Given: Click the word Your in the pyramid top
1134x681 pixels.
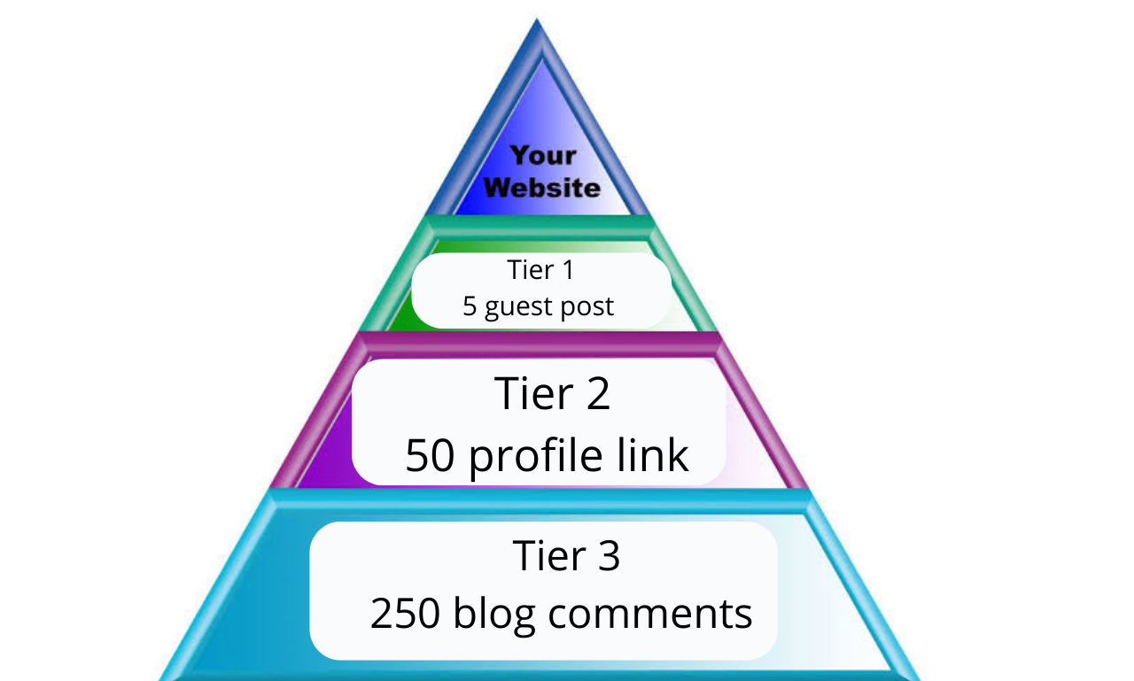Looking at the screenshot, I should click(543, 156).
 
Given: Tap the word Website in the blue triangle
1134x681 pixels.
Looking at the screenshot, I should click(542, 188).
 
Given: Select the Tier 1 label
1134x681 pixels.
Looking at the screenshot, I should click(540, 269).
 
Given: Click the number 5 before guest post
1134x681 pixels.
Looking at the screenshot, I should click(470, 306).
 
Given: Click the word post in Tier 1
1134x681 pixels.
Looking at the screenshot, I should click(589, 307).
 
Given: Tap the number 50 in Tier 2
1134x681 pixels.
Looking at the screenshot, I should click(431, 455).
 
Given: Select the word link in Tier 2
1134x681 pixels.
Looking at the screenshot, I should click(656, 454).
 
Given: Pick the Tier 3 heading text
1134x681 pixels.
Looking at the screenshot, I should click(566, 556).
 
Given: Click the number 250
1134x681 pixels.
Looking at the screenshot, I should click(406, 614).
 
